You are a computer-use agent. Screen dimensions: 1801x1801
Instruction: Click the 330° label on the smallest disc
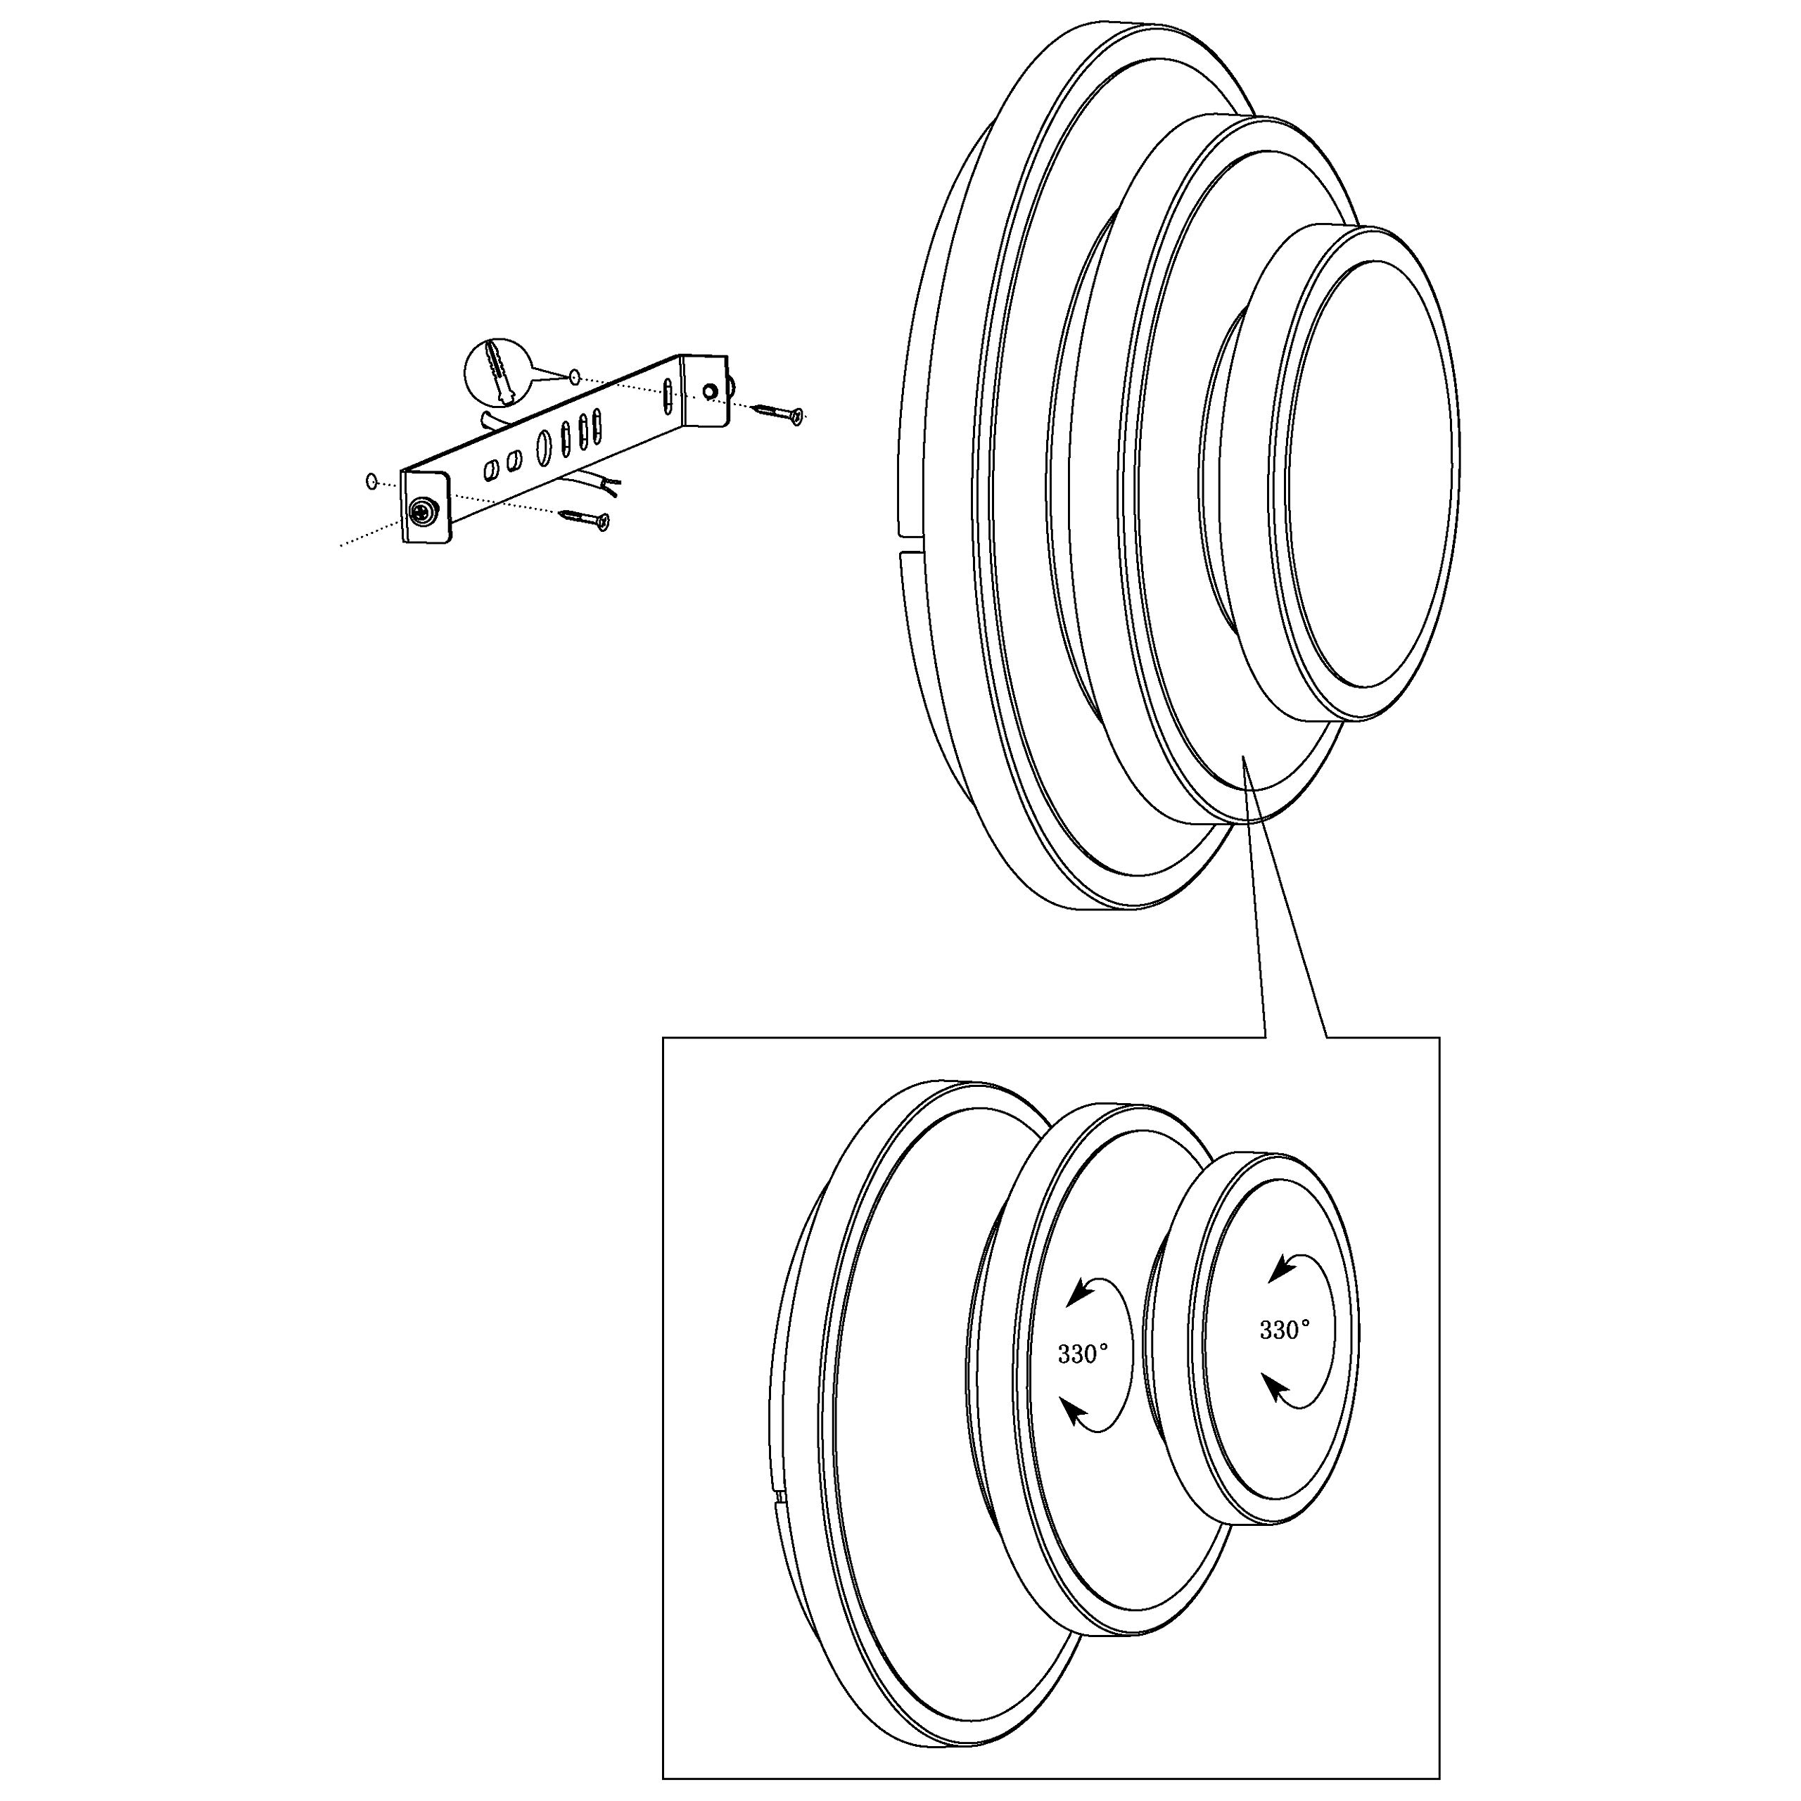1285,1330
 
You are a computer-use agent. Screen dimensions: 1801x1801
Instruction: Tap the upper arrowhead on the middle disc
1081,1291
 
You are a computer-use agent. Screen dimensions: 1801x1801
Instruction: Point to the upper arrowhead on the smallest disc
1283,1268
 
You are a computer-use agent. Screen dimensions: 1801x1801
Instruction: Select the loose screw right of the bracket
778,412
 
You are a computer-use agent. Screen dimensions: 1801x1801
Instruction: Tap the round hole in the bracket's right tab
711,392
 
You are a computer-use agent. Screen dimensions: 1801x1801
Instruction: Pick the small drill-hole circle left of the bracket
371,481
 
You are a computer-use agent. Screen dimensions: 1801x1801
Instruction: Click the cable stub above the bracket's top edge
494,422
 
